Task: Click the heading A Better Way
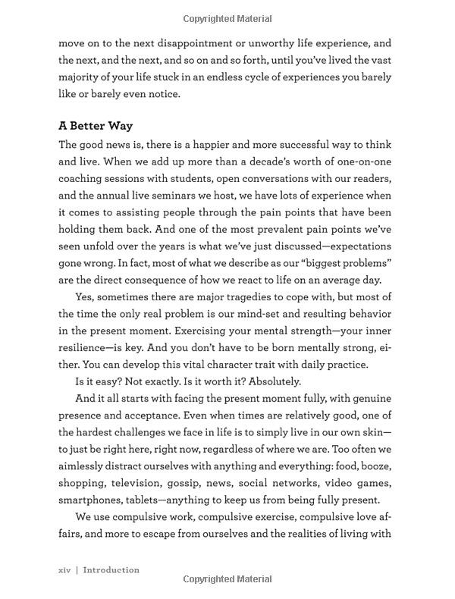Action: [96, 125]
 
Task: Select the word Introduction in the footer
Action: [111, 569]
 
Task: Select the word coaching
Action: [81, 178]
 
